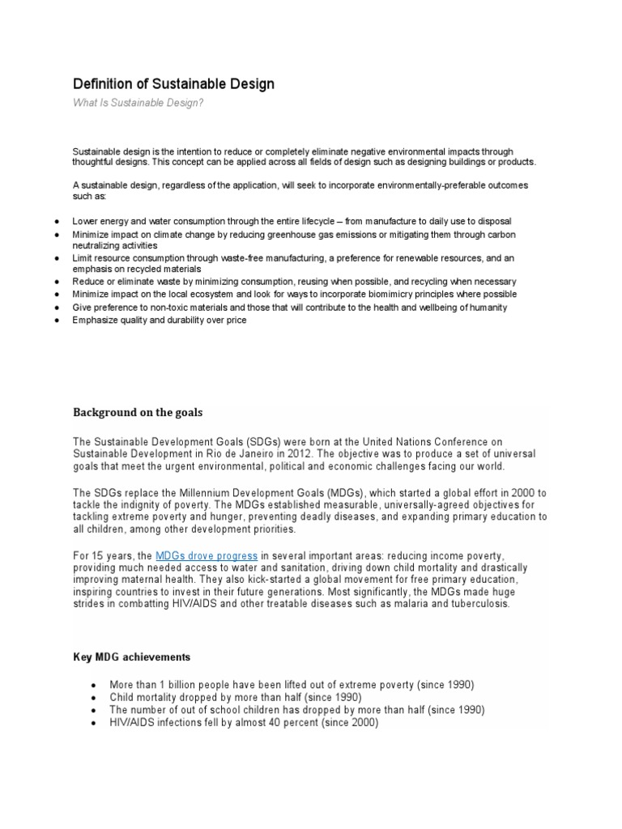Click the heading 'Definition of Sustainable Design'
(x=173, y=84)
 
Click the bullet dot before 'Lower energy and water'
(x=53, y=221)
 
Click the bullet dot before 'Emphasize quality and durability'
(x=53, y=321)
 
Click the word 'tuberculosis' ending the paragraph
(x=479, y=605)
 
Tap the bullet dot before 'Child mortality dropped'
(x=95, y=698)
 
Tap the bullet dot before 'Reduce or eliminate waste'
(x=53, y=282)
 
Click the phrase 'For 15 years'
(x=101, y=556)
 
